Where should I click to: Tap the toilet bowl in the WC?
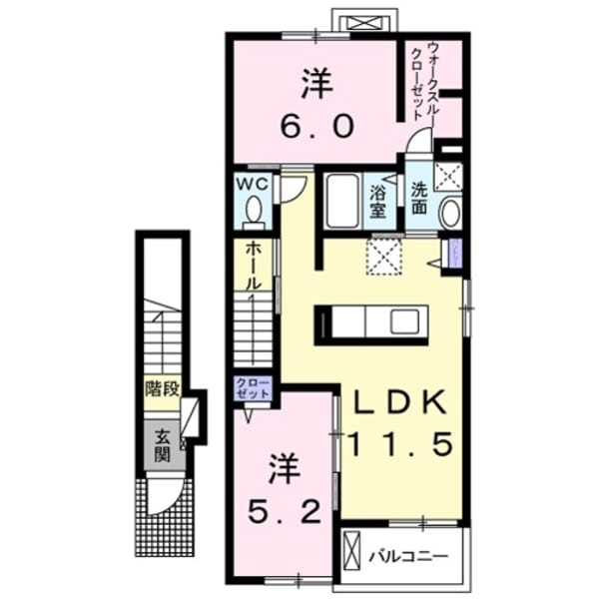coord(253,212)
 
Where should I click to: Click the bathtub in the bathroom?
coord(343,201)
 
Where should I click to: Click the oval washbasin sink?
coord(450,213)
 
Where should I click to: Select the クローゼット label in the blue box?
coord(253,388)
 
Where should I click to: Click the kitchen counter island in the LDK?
coord(371,323)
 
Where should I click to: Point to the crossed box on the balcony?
coord(351,551)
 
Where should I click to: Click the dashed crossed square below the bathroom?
coord(382,255)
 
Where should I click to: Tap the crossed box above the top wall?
coord(355,21)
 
